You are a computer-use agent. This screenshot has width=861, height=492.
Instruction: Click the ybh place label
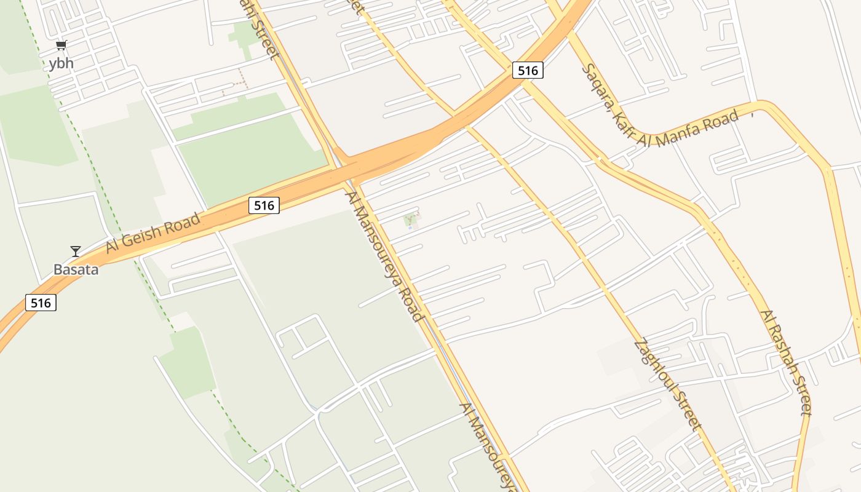(61, 63)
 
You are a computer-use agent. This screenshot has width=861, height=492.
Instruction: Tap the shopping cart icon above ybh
(61, 46)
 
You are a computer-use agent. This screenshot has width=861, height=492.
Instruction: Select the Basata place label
(76, 269)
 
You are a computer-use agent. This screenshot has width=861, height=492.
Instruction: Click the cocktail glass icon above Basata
(76, 251)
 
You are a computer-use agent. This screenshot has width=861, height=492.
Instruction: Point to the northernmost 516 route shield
(528, 70)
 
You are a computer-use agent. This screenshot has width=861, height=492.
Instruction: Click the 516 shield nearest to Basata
(41, 303)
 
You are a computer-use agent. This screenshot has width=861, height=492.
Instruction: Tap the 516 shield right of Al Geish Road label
(264, 205)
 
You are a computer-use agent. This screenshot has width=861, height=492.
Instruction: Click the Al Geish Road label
(153, 232)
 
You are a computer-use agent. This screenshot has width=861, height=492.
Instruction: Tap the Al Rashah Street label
(786, 363)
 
